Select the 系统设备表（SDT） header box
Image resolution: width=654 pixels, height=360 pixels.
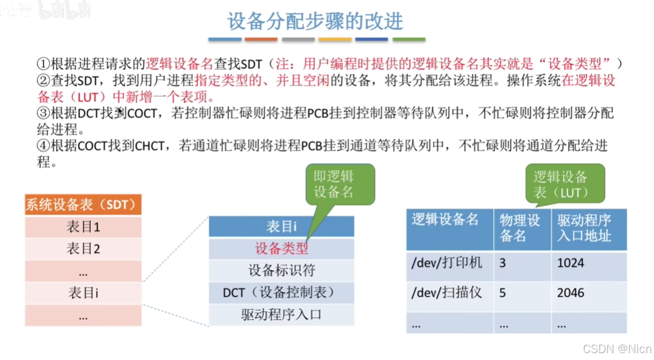tap(84, 204)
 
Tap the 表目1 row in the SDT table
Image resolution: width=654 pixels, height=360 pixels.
tap(84, 226)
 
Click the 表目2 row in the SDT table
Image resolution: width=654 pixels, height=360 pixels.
tap(84, 249)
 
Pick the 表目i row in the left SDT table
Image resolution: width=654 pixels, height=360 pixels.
tap(84, 292)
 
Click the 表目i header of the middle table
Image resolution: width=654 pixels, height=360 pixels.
tap(281, 226)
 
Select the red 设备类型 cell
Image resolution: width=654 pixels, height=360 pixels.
tap(281, 248)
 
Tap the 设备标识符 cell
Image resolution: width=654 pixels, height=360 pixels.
tap(281, 270)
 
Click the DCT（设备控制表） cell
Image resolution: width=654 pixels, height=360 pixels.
tap(281, 292)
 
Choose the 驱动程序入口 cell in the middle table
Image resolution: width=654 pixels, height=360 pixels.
tap(281, 314)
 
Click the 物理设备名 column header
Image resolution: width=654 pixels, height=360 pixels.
tap(521, 228)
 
